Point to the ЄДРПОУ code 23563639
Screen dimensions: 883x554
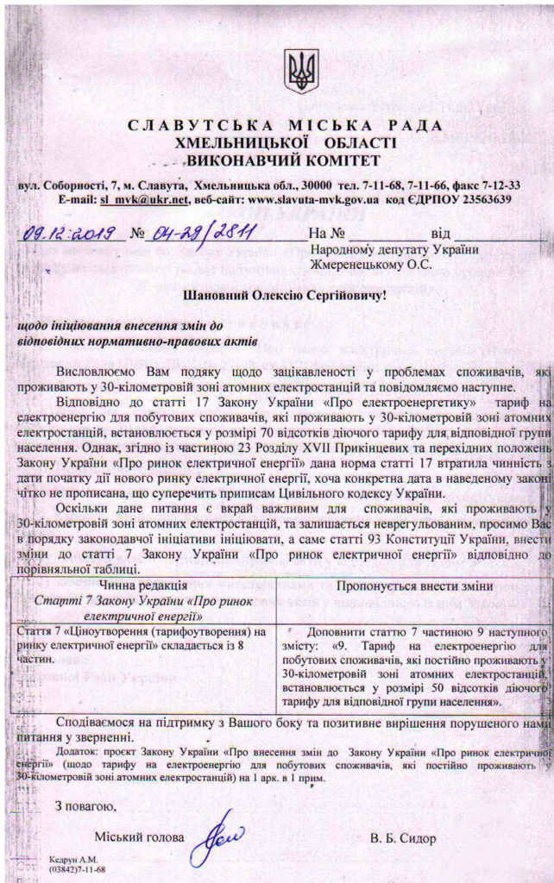(482, 198)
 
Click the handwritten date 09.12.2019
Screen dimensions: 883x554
(66, 232)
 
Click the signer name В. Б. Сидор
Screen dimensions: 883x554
(403, 837)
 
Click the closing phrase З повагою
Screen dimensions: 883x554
(85, 805)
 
